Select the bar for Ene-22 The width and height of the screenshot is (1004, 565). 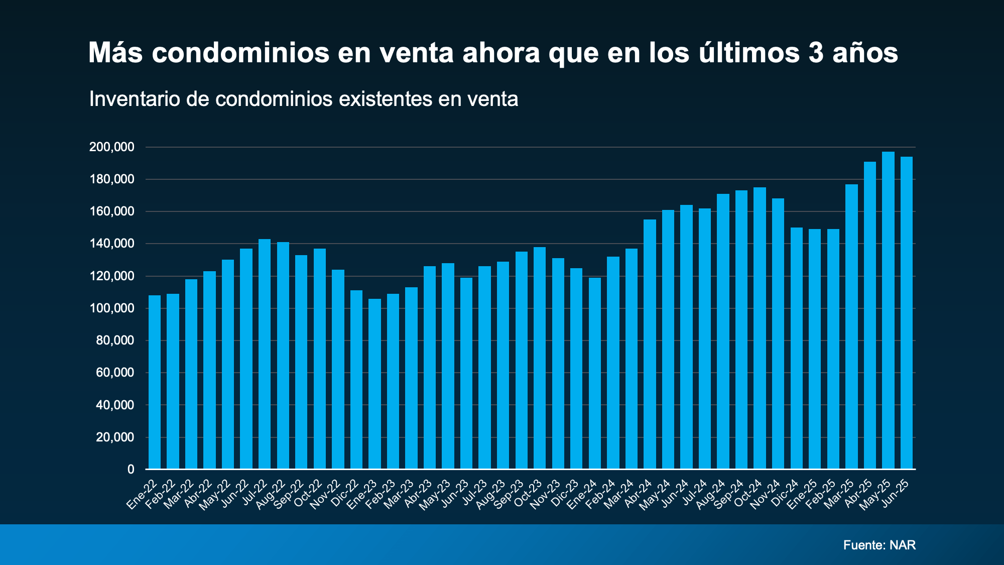pyautogui.click(x=155, y=382)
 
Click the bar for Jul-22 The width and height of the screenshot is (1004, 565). pyautogui.click(x=265, y=354)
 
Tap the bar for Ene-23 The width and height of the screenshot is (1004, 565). pyautogui.click(x=374, y=384)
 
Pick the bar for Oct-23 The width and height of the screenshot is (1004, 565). pyautogui.click(x=540, y=358)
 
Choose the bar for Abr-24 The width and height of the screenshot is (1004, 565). pyautogui.click(x=650, y=345)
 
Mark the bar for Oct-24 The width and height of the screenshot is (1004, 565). pyautogui.click(x=760, y=328)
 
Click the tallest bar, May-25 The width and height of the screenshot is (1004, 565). pyautogui.click(x=888, y=310)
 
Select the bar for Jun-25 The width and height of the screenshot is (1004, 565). pyautogui.click(x=907, y=313)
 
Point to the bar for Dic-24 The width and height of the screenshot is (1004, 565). pyautogui.click(x=797, y=349)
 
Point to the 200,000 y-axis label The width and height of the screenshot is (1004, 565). pyautogui.click(x=112, y=147)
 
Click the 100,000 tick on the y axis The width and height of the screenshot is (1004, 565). pyautogui.click(x=112, y=308)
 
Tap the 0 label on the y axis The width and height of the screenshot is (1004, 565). pyautogui.click(x=131, y=469)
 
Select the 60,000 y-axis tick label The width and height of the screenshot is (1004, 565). pyautogui.click(x=115, y=373)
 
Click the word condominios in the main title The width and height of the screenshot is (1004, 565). pyautogui.click(x=240, y=53)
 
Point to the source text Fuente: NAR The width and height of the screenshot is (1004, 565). pyautogui.click(x=880, y=545)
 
